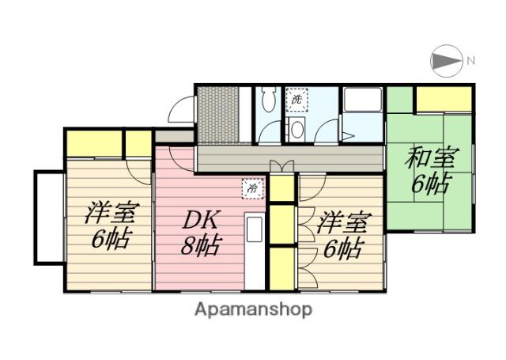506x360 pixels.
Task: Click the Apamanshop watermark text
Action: (253, 309)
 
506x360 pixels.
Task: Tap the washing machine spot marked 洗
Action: (297, 100)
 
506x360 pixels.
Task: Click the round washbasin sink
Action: (296, 129)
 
